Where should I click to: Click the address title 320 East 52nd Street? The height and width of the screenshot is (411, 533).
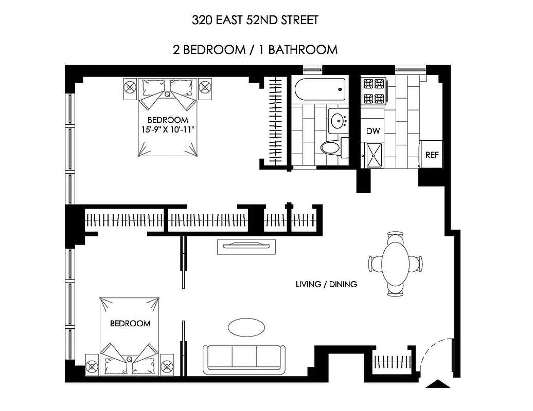(x=255, y=21)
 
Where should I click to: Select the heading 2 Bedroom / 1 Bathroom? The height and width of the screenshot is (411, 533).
(x=255, y=50)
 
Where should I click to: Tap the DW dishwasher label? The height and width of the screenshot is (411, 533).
(x=373, y=132)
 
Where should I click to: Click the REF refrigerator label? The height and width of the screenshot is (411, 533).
(x=432, y=155)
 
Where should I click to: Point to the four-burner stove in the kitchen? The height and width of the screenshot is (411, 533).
(x=374, y=91)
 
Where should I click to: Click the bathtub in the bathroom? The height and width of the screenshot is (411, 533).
(x=319, y=89)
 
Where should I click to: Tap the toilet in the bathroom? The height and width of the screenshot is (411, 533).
(x=332, y=148)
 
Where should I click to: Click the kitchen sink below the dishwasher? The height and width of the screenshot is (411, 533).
(x=373, y=155)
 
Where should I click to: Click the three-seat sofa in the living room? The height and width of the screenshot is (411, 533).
(x=244, y=359)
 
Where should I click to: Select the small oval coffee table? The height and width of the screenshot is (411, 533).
(x=247, y=327)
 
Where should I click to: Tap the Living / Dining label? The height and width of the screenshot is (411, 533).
(x=326, y=284)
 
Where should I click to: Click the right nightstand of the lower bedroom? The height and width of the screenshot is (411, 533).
(x=167, y=365)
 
